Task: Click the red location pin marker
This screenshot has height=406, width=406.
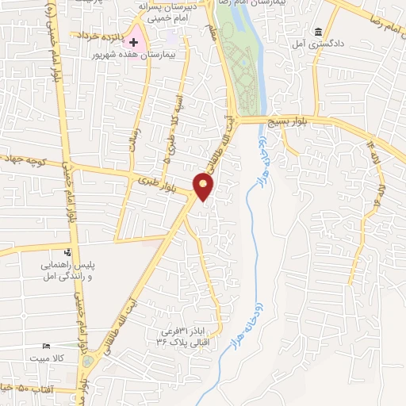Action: point(204,186)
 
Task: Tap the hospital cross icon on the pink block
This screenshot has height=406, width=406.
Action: point(135,41)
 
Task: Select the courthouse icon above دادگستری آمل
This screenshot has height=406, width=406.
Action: point(318,33)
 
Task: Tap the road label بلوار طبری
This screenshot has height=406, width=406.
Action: point(158,182)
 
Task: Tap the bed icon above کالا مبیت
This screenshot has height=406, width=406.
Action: point(47,347)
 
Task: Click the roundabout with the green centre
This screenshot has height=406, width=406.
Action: point(87,361)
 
